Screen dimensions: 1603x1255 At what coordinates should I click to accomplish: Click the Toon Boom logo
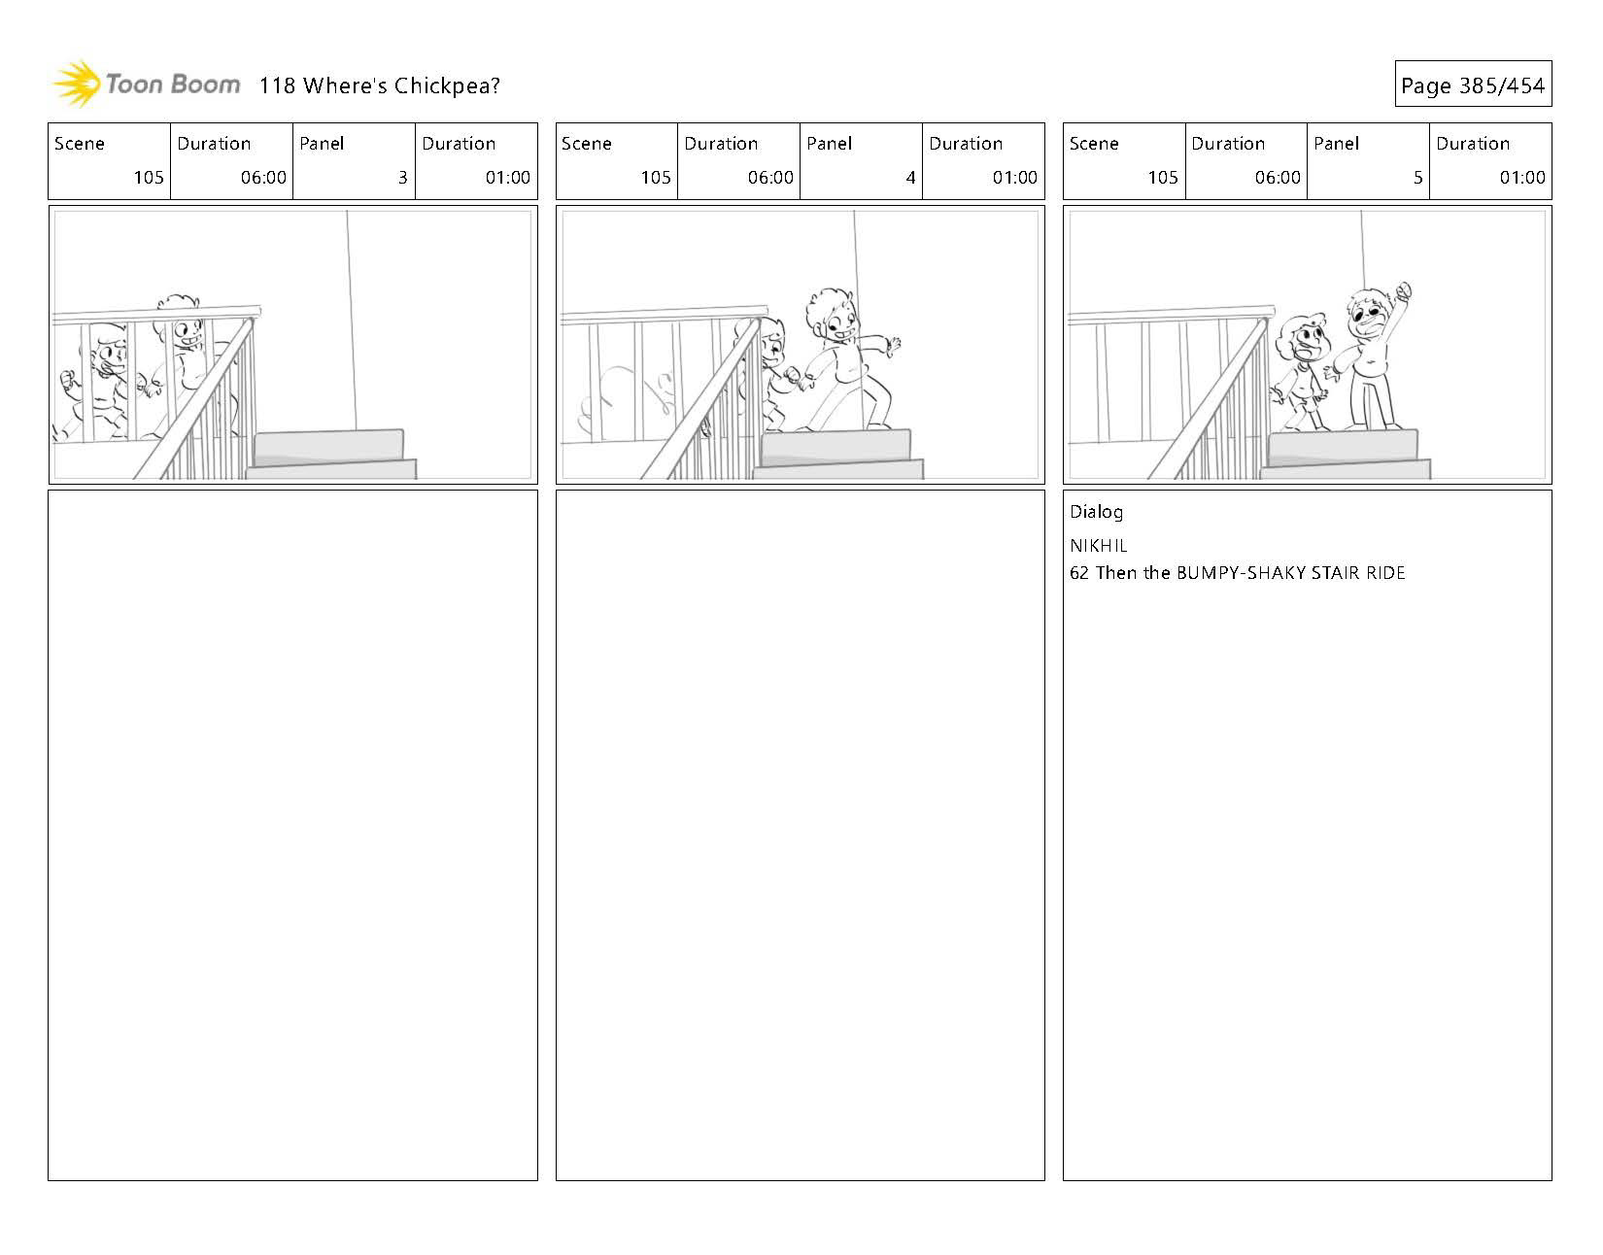146,85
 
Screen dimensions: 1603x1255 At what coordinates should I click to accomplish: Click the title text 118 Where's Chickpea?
379,85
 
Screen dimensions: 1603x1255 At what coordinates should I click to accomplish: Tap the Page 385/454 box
1472,85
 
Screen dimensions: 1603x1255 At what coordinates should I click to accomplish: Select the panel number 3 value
402,178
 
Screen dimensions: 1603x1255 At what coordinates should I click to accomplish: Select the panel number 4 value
909,178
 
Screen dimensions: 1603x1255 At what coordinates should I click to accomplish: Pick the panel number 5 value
1417,178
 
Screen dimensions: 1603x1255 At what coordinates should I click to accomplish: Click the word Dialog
1096,512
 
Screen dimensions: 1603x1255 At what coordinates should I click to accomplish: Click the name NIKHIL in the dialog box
1098,546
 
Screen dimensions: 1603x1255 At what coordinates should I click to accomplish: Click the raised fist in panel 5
1401,290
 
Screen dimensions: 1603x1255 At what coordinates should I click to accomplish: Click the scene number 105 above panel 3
149,178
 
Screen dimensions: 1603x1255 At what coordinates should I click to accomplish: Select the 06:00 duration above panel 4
771,178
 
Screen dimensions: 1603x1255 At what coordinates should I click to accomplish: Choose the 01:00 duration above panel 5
1521,178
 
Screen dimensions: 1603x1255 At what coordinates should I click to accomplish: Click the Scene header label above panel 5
1094,144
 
